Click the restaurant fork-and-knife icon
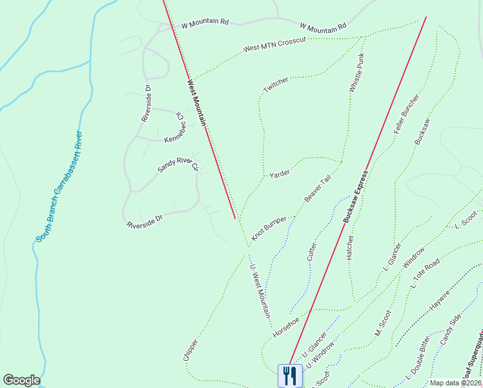pyautogui.click(x=290, y=375)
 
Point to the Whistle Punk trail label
pyautogui.click(x=357, y=72)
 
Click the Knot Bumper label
pyautogui.click(x=269, y=229)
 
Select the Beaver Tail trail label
pyautogui.click(x=318, y=188)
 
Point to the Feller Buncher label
pyautogui.click(x=407, y=114)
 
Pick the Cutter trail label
pyautogui.click(x=312, y=250)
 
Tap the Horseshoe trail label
pyautogui.click(x=286, y=326)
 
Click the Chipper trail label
pyautogui.click(x=190, y=348)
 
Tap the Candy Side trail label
pyautogui.click(x=451, y=328)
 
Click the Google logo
pyautogui.click(x=21, y=380)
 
